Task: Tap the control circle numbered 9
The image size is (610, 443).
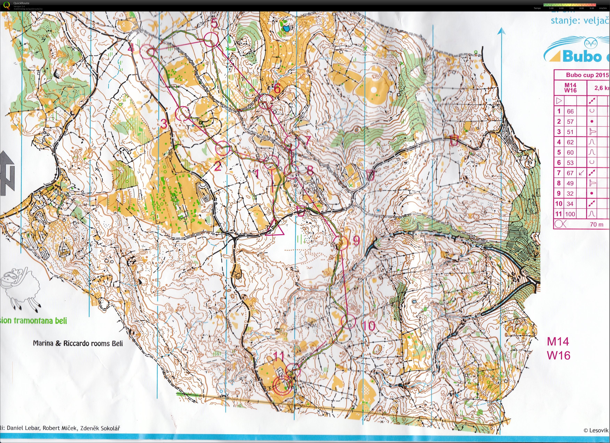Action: pos(341,242)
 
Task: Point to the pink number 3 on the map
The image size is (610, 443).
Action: pos(164,124)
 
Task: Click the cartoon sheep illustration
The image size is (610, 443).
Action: pos(20,289)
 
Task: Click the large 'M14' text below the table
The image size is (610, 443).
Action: pos(558,342)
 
